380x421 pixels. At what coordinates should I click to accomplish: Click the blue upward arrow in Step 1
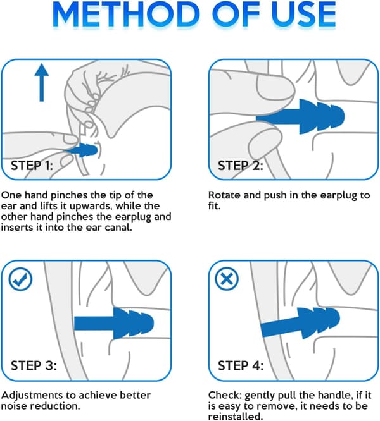click(42, 83)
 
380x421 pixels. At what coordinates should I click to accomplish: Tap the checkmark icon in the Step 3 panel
click(20, 279)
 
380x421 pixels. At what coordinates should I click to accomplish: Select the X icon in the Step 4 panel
click(227, 279)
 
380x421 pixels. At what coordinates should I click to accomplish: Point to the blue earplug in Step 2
click(300, 116)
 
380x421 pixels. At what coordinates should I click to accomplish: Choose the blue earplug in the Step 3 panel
click(114, 323)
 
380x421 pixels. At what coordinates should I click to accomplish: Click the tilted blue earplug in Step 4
click(300, 323)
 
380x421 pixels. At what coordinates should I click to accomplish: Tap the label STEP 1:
click(32, 166)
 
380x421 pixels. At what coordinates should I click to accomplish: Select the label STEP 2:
click(240, 166)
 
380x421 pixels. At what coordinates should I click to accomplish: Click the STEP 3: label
click(34, 365)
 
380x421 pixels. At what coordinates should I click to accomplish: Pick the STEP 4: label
click(241, 365)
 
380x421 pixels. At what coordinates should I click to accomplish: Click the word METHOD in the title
click(125, 14)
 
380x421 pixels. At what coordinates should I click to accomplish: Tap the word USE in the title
click(303, 14)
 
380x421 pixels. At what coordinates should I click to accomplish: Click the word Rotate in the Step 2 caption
click(224, 195)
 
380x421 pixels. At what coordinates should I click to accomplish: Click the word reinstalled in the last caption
click(235, 417)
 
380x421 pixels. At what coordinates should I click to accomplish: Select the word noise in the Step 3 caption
click(15, 406)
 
